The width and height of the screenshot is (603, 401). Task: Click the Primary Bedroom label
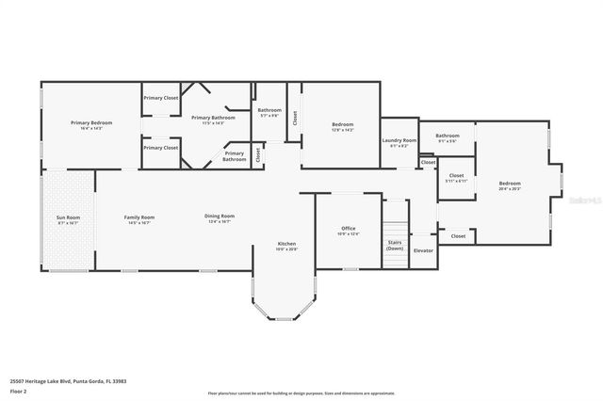[91, 123]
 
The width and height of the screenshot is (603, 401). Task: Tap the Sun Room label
[68, 217]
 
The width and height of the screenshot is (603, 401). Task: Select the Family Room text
[139, 217]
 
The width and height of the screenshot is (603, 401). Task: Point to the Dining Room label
[220, 217]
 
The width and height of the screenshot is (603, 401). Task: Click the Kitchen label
[285, 244]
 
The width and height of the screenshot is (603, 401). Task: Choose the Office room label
[348, 229]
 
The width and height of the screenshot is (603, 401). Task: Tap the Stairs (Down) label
[396, 243]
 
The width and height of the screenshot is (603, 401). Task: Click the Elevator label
[424, 250]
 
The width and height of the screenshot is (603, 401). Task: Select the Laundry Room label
[399, 140]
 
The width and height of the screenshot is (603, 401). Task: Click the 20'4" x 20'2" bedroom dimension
[510, 189]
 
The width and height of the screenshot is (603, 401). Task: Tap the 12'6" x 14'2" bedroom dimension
[342, 130]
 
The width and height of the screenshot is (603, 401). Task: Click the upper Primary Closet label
[161, 98]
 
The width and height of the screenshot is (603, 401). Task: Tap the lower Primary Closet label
[161, 148]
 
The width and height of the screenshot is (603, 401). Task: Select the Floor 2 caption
[18, 391]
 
